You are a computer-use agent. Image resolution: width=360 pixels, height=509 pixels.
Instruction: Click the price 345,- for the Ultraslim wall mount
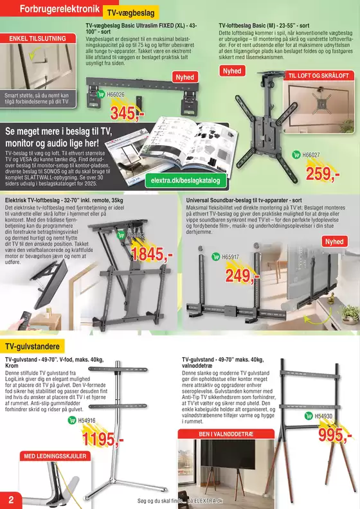[131, 114]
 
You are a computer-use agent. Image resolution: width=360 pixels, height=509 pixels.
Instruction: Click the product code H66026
[116, 94]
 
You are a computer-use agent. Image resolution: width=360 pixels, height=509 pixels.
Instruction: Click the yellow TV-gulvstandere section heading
[32, 347]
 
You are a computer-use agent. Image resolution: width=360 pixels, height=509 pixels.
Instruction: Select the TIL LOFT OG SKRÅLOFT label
[319, 76]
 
